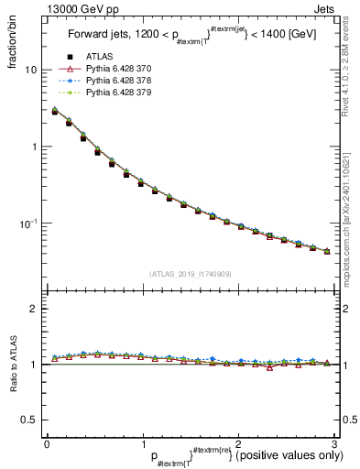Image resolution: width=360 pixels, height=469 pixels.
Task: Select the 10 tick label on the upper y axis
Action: tap(30, 70)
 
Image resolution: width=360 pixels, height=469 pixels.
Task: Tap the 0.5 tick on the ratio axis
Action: tap(28, 420)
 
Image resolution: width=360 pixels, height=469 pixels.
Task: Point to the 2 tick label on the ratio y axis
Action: tap(34, 309)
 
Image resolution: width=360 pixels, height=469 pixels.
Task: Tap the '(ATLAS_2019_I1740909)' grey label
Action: tap(191, 274)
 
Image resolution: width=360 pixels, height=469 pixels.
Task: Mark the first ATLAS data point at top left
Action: tap(55, 112)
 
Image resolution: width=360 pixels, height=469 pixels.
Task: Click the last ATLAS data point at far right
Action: tap(327, 251)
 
